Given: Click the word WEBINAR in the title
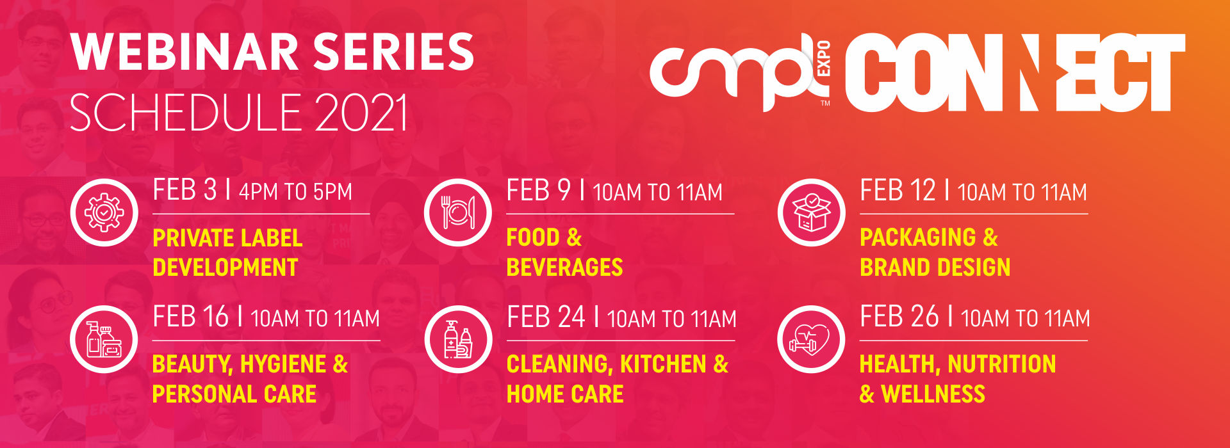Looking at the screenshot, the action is [184, 52].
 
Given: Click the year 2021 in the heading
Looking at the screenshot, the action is [360, 113].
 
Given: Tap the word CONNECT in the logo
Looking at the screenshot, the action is [1015, 72].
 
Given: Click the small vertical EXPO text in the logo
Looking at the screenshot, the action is [824, 59].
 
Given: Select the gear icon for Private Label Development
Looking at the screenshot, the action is [104, 212].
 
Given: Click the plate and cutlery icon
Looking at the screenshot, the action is [458, 212].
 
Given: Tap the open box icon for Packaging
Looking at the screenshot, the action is [811, 212].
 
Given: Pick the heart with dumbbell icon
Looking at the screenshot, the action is [811, 339].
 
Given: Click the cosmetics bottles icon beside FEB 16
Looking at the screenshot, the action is [104, 339].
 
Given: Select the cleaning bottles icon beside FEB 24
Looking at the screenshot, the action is [458, 339].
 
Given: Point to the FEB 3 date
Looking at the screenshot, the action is [184, 191].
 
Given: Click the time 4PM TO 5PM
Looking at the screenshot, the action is [295, 192].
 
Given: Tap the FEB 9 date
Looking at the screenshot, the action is [538, 191].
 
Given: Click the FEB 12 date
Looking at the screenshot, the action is [898, 191].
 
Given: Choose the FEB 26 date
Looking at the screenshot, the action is [899, 317].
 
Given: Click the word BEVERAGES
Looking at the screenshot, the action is [564, 267].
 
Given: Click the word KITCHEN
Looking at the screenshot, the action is [663, 365].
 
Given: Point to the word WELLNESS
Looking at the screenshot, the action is [933, 394].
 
